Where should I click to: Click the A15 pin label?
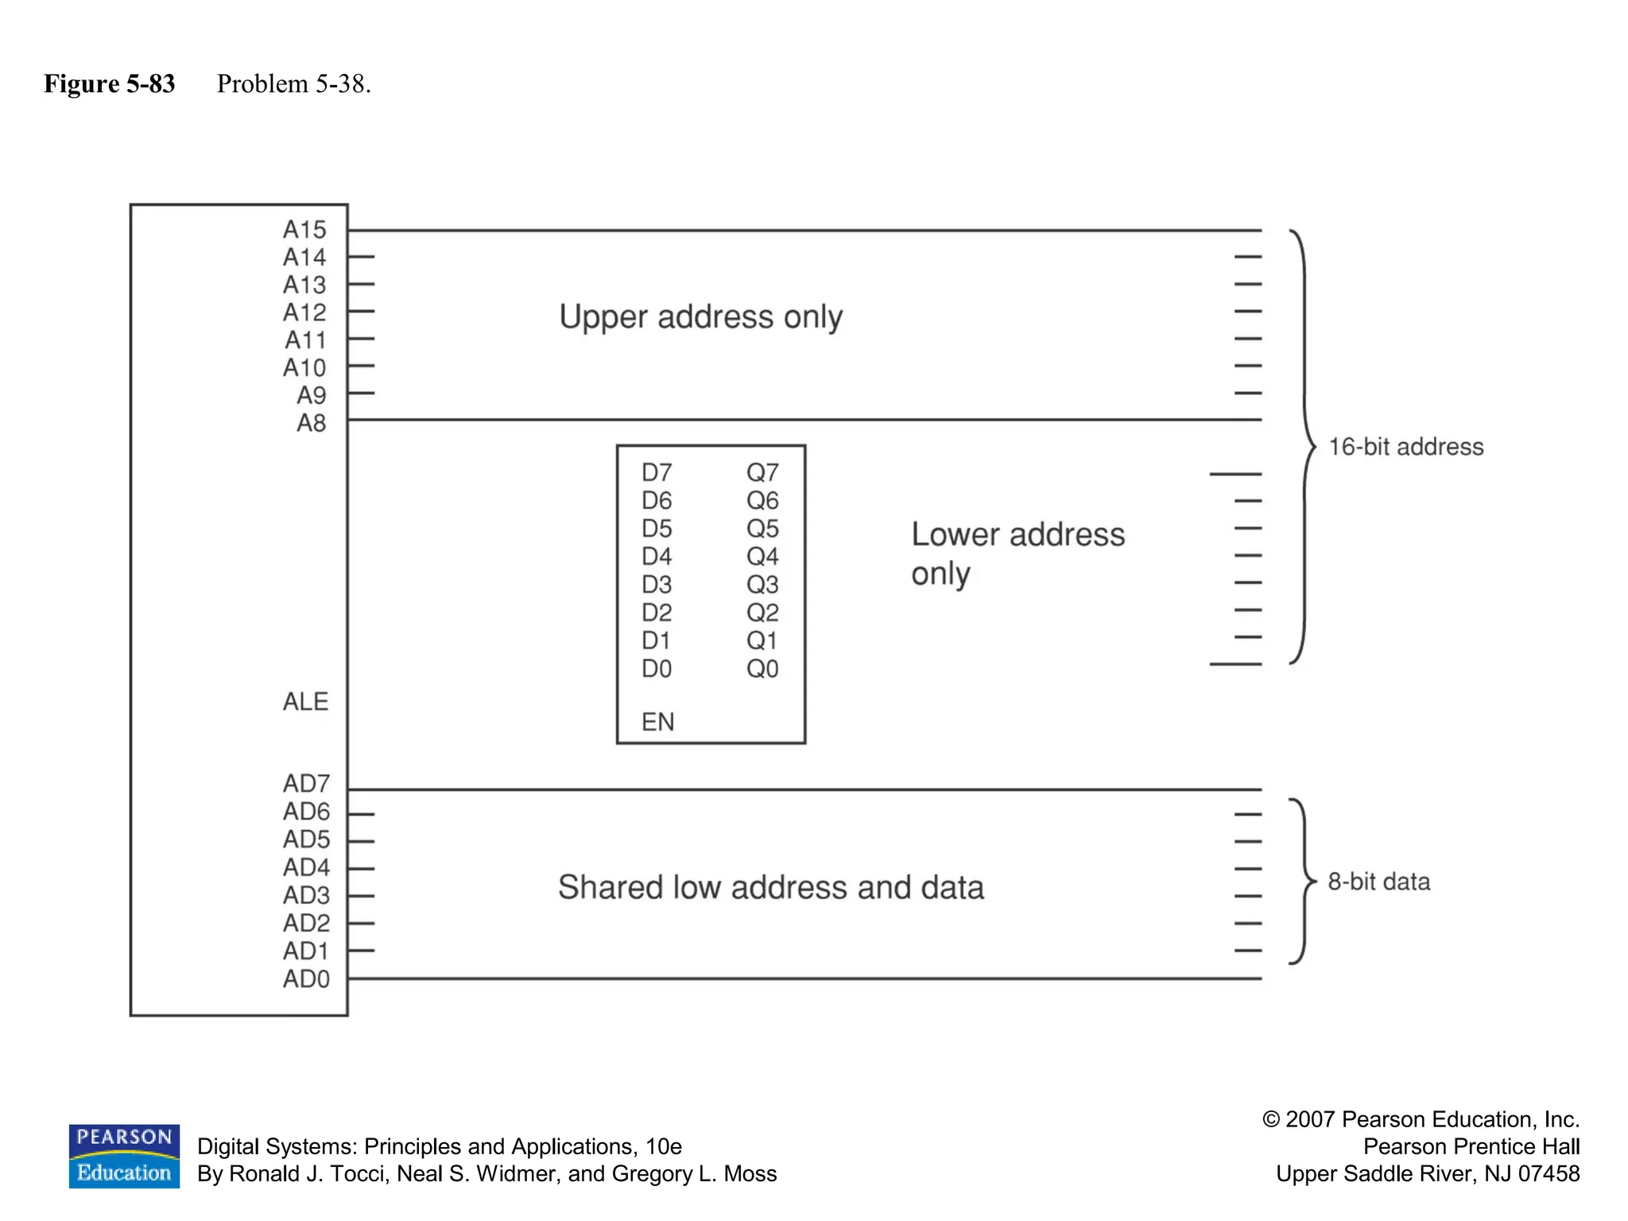click(304, 230)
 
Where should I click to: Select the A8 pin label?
click(311, 423)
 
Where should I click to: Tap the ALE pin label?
click(305, 701)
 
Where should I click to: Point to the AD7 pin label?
click(306, 784)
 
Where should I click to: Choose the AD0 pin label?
click(306, 979)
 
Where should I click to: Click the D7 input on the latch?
click(657, 473)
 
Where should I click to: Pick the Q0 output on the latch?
click(762, 669)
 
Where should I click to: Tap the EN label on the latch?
click(657, 722)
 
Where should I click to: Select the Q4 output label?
click(762, 556)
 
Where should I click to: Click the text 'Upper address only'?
click(700, 317)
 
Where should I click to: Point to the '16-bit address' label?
click(1405, 447)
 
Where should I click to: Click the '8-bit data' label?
click(1378, 882)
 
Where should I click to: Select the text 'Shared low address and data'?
click(770, 887)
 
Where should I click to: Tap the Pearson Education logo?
click(124, 1156)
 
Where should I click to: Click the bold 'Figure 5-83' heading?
click(110, 83)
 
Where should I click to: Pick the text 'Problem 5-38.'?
click(294, 83)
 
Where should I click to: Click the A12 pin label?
click(304, 312)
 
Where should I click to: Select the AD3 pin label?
click(306, 895)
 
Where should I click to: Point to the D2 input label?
click(657, 613)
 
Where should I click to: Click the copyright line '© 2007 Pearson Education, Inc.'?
click(1421, 1119)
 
